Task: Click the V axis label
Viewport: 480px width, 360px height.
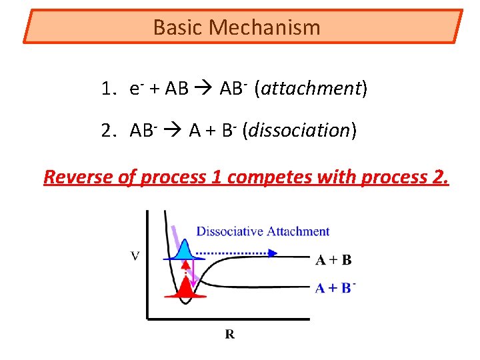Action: tap(135, 256)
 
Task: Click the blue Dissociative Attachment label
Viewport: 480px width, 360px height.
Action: tap(263, 231)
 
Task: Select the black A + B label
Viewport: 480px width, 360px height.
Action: tap(333, 260)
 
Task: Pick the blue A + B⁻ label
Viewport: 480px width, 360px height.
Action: tap(335, 288)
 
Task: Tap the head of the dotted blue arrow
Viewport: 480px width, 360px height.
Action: tap(274, 253)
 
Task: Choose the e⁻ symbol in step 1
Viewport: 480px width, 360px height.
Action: tap(136, 89)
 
